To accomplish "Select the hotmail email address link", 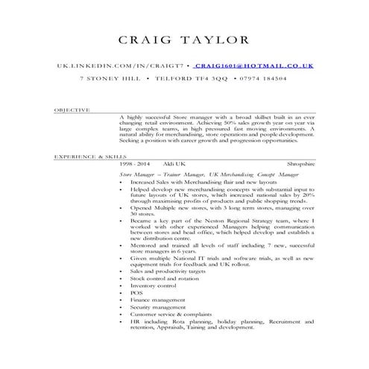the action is (x=254, y=66).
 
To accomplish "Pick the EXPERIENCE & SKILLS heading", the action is (x=86, y=158).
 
